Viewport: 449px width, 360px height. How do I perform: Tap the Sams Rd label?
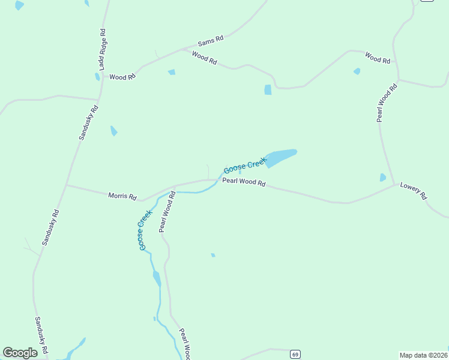pos(211,41)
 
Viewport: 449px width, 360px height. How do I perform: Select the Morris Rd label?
pos(122,196)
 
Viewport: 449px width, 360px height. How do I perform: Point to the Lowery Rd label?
pos(414,191)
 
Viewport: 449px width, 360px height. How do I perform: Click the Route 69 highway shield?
pos(295,355)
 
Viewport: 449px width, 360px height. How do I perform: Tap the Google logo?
pos(20,353)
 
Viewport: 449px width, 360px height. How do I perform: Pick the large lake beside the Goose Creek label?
pos(280,158)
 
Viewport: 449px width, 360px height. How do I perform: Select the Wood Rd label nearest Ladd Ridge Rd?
pos(122,77)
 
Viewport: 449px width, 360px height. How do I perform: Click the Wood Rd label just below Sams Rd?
pos(204,59)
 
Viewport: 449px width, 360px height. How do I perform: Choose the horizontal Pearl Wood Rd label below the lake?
pos(244,182)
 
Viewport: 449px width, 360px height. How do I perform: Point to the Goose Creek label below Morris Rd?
pos(145,230)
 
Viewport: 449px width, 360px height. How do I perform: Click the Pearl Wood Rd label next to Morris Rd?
pos(166,211)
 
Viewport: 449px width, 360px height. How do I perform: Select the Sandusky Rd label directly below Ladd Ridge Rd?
pos(88,123)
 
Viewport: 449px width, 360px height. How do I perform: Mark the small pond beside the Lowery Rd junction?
pos(383,178)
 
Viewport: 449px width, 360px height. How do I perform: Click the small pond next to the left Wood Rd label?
pos(97,77)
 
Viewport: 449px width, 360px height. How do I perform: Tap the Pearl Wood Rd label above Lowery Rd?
pos(387,103)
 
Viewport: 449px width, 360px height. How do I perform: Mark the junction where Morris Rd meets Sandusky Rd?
pos(67,185)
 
